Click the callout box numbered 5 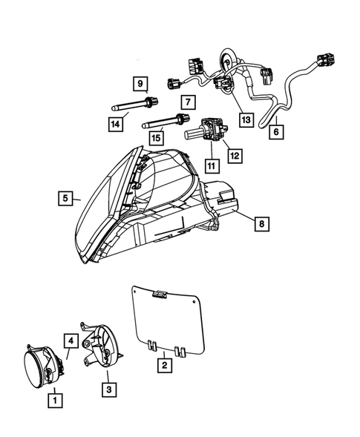pos(65,198)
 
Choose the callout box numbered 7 pos(188,101)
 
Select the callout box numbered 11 pos(211,165)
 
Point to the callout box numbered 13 pos(245,118)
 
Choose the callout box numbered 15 pos(156,137)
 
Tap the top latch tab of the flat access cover pos(157,295)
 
